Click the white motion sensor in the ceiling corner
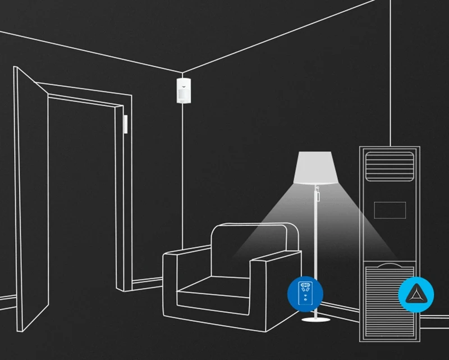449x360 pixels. (x=182, y=90)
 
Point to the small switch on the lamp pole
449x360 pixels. (x=317, y=195)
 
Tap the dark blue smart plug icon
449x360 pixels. (x=305, y=294)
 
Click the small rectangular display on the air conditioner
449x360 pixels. (x=390, y=209)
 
